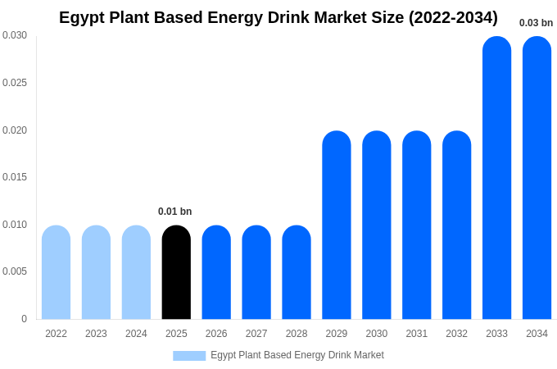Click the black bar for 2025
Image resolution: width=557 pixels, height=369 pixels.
(x=176, y=272)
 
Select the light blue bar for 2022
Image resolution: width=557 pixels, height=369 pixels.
(x=56, y=272)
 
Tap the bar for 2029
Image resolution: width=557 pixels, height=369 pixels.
(x=336, y=225)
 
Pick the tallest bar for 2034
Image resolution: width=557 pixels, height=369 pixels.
(x=537, y=178)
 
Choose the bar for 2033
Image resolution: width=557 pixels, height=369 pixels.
(x=496, y=178)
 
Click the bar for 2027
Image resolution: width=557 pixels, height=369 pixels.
(x=256, y=272)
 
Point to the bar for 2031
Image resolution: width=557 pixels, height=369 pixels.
(x=416, y=225)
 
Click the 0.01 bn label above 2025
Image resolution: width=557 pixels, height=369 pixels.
(x=174, y=212)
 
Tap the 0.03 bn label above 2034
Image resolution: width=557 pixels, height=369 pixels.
(x=536, y=23)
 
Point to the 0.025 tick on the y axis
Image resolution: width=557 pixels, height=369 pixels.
(x=15, y=83)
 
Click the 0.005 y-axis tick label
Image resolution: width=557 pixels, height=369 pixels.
(x=15, y=271)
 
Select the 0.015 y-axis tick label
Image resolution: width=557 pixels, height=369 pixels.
(x=15, y=177)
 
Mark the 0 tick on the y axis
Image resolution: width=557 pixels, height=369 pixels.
(x=24, y=319)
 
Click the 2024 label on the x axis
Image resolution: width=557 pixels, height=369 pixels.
(x=136, y=334)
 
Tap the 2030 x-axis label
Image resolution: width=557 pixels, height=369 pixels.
(x=376, y=334)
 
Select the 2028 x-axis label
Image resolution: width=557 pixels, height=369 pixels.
(x=297, y=334)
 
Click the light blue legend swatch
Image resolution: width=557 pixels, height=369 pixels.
(x=189, y=356)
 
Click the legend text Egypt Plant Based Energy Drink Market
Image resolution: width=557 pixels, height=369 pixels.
(x=297, y=355)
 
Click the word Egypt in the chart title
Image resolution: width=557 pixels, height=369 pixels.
(x=80, y=17)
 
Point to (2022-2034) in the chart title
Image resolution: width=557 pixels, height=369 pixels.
(x=453, y=17)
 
